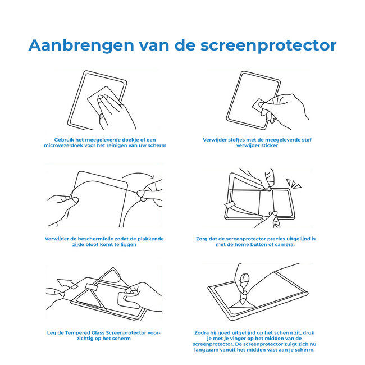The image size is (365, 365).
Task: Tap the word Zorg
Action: [211, 239]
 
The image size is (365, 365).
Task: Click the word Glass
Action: [99, 333]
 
